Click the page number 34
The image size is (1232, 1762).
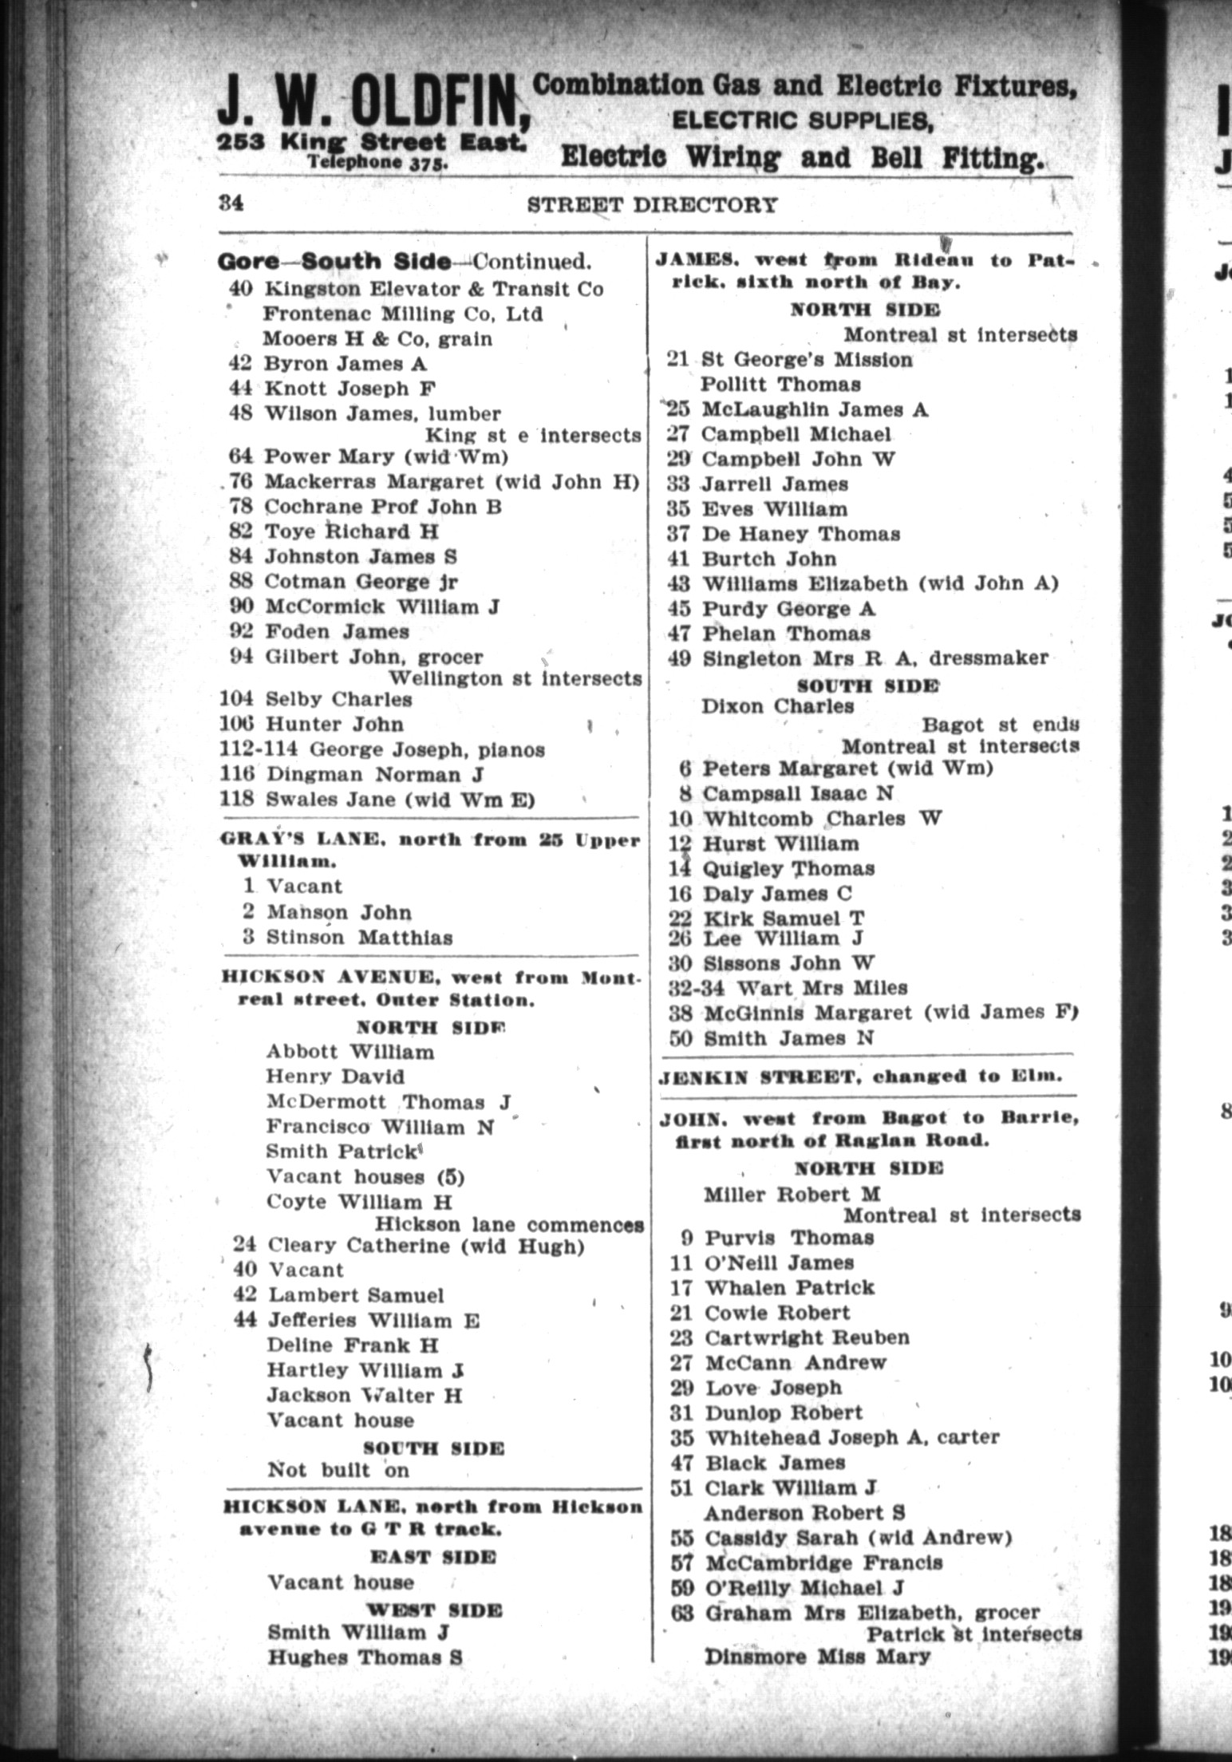point(231,203)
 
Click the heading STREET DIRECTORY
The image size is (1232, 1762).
point(652,205)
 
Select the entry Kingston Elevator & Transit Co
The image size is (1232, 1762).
point(433,288)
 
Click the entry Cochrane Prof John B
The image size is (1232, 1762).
point(382,507)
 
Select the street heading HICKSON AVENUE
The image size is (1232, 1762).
point(332,978)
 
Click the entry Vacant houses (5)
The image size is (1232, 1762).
point(365,1177)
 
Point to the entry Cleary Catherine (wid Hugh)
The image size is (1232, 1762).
point(424,1246)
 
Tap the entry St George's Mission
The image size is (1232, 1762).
point(806,360)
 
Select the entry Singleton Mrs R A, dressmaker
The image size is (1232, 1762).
point(874,658)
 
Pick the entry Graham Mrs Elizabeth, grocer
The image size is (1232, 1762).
point(872,1613)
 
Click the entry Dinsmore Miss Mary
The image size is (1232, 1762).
point(816,1657)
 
